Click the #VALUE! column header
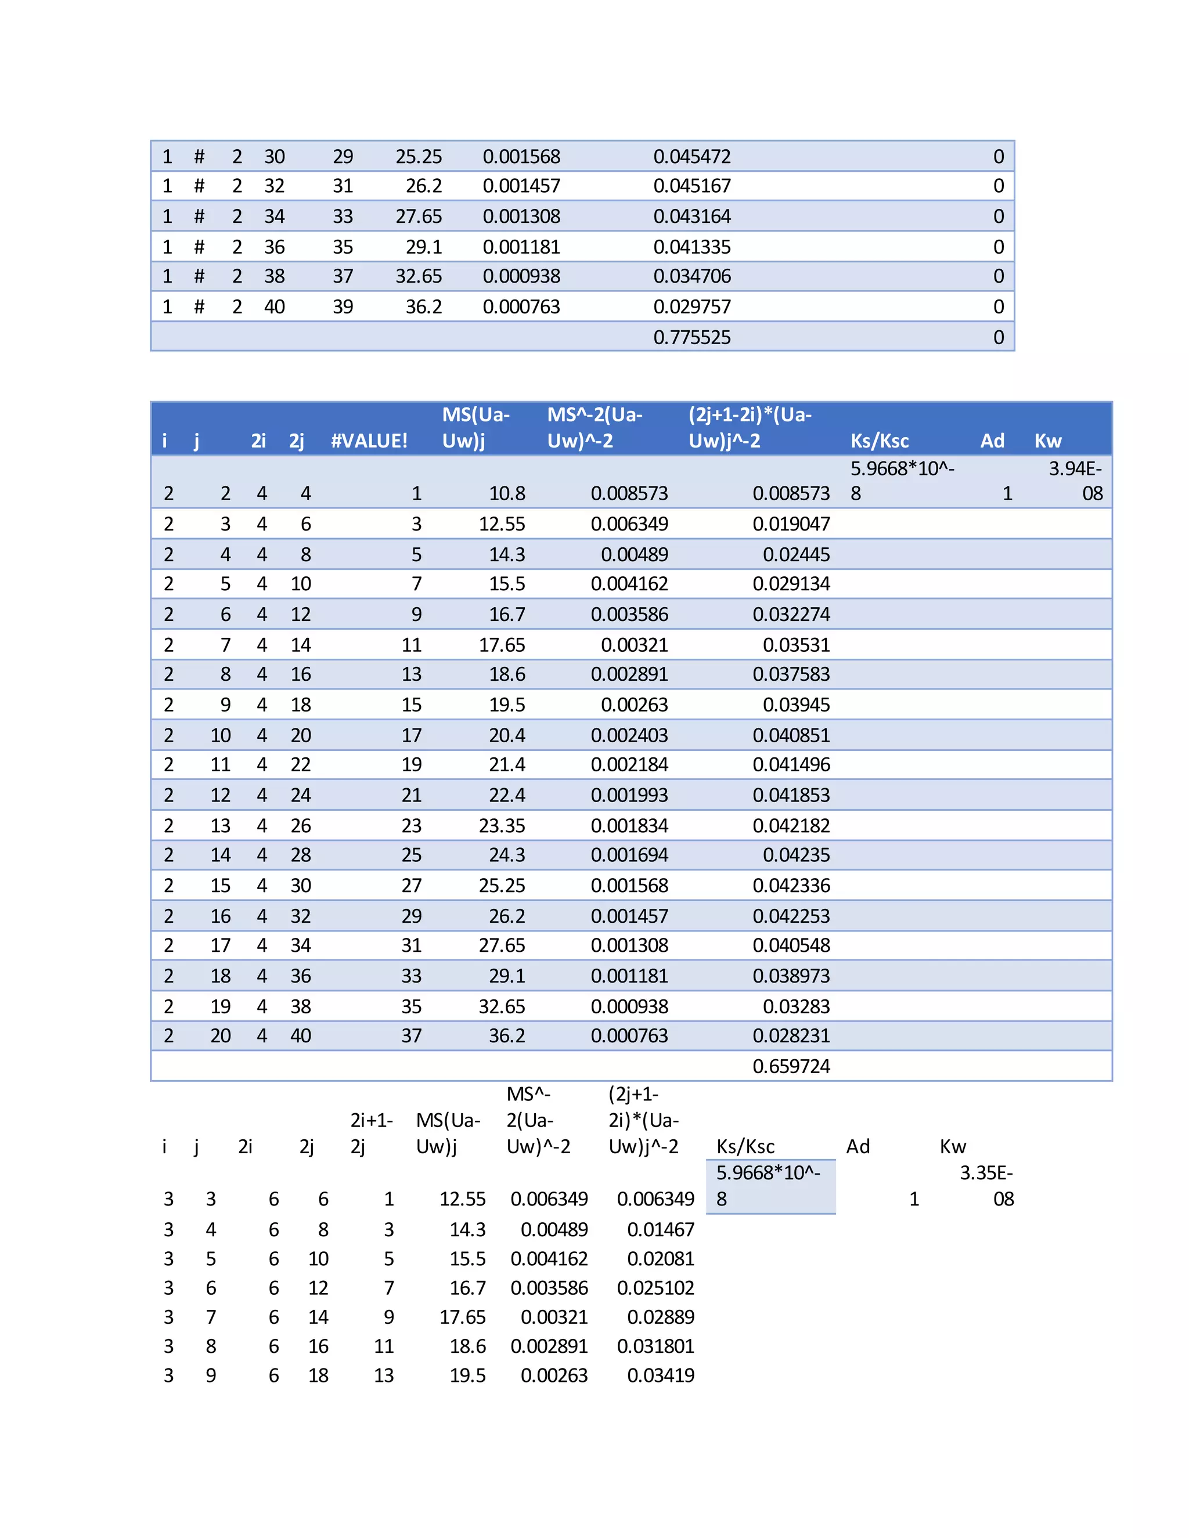[369, 441]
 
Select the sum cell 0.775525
[691, 337]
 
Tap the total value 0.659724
[791, 1066]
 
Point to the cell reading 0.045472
[691, 156]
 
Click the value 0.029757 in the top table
[691, 307]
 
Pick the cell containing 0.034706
[691, 276]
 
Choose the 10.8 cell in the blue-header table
[507, 494]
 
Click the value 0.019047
[791, 524]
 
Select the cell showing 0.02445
[796, 555]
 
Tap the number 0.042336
[791, 885]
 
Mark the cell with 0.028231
[791, 1036]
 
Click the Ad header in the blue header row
[992, 441]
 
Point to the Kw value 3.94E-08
[1076, 481]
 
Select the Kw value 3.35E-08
[987, 1186]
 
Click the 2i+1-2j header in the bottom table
[371, 1133]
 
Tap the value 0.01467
[660, 1230]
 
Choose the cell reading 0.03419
[660, 1375]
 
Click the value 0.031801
[655, 1346]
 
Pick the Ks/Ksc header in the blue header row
[879, 441]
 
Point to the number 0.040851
[791, 735]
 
